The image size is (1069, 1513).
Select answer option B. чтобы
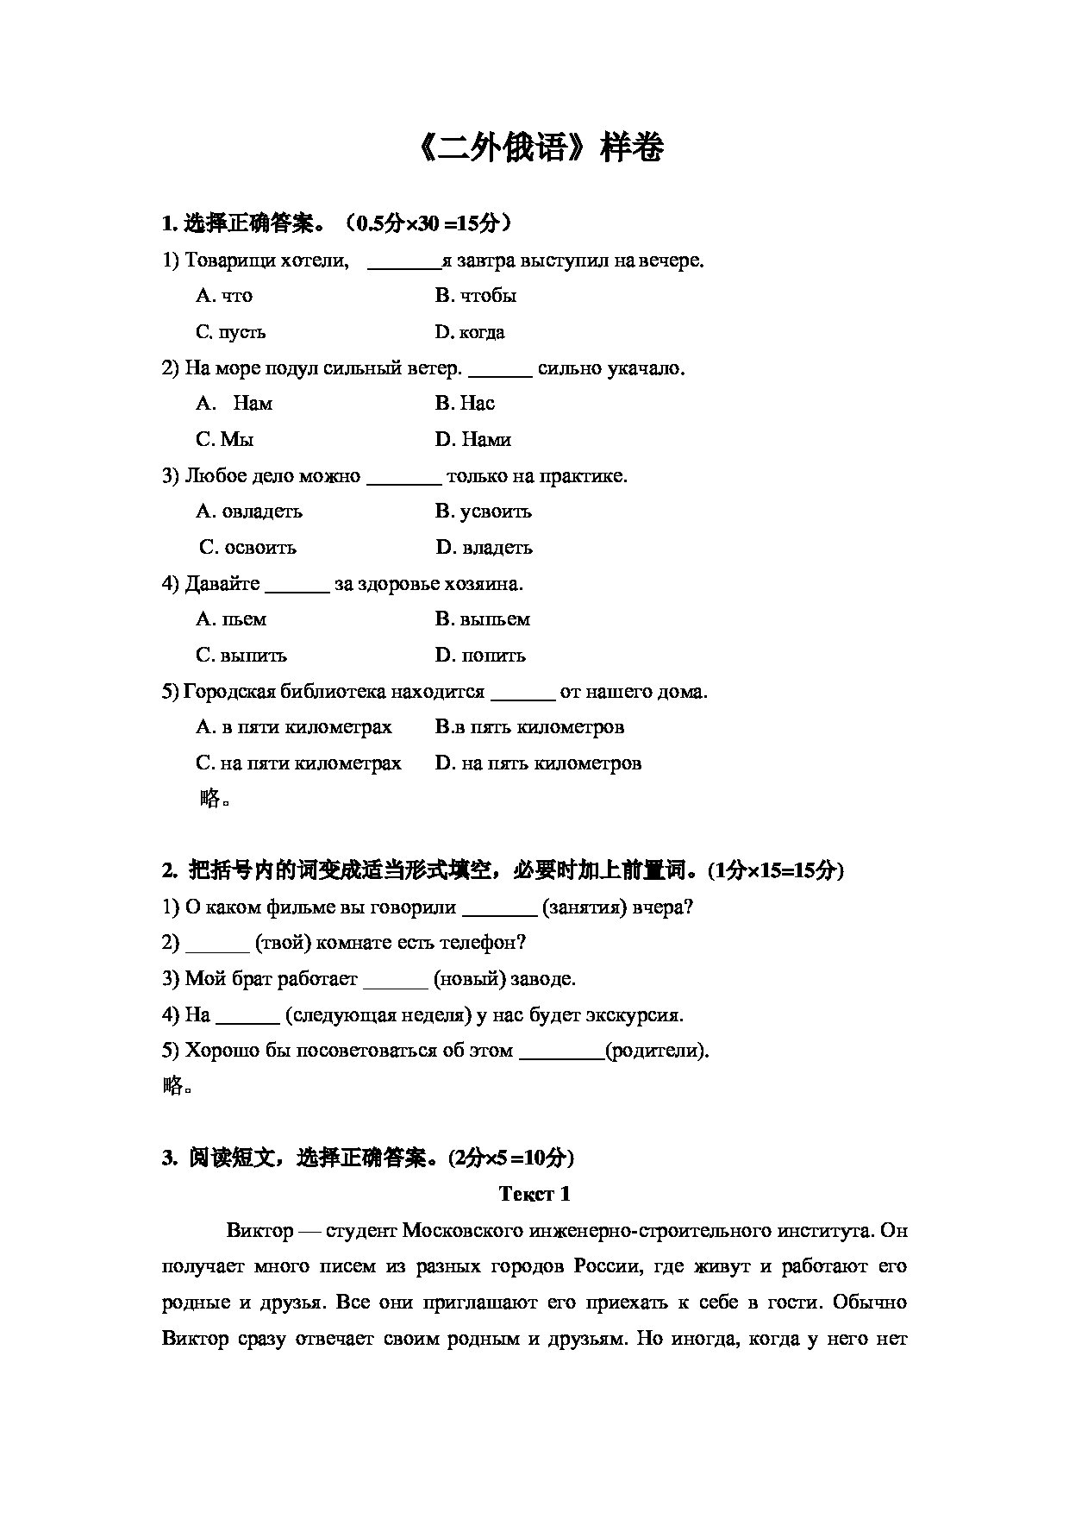click(x=476, y=296)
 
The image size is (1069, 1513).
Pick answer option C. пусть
click(x=231, y=332)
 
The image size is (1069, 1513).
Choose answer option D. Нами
click(x=473, y=440)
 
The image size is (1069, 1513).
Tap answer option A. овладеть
click(x=249, y=512)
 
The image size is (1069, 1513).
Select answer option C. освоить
click(x=248, y=548)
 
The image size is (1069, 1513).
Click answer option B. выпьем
click(x=483, y=619)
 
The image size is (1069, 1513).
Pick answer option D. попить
click(x=480, y=656)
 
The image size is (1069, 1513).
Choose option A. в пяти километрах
click(x=294, y=727)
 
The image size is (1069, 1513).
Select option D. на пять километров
click(x=539, y=763)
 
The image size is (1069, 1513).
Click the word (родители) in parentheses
click(x=657, y=1051)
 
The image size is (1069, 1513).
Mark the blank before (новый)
click(x=396, y=981)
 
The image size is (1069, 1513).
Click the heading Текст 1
click(x=534, y=1194)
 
